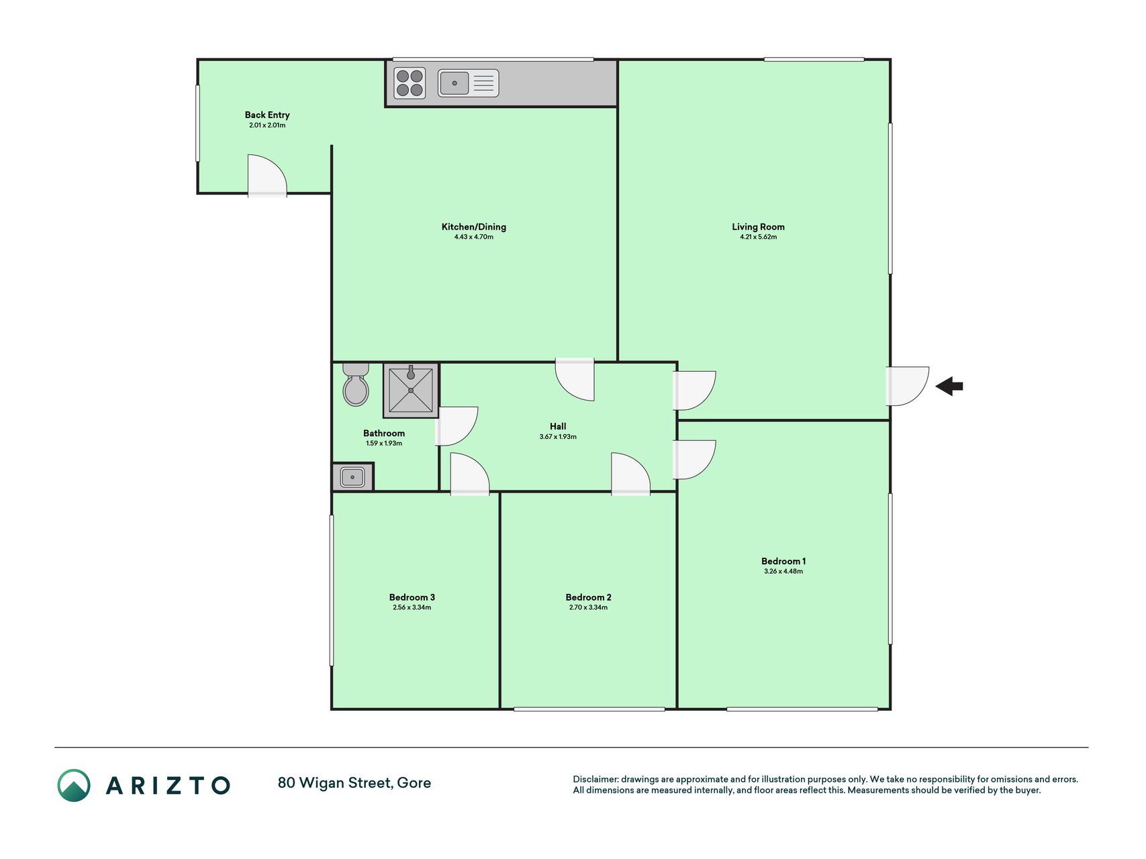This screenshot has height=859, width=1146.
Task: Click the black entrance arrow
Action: coord(949,386)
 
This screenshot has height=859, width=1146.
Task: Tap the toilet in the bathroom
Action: coord(355,385)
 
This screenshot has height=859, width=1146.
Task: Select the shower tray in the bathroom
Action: coord(411,391)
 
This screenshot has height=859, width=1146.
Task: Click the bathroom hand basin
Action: coord(352,477)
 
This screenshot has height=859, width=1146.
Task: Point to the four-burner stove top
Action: coord(410,83)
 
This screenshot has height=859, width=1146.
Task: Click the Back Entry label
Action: coord(267,115)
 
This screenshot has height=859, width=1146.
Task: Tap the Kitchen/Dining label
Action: coord(474,227)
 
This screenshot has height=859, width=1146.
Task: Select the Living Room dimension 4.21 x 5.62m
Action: coord(759,237)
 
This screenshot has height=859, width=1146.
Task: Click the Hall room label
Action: coord(558,426)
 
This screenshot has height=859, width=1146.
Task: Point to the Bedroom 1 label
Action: coord(783,561)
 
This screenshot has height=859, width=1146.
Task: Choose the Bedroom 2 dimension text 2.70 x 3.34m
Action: coord(589,607)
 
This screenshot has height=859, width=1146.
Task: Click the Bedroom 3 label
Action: coord(412,597)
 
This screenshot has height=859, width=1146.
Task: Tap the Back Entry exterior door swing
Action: coord(267,176)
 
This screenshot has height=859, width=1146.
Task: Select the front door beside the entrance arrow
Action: coord(907,386)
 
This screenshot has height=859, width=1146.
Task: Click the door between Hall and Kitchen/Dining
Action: coord(575,380)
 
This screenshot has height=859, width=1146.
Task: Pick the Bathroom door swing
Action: coord(457,426)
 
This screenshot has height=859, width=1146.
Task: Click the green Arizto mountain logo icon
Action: coord(74,785)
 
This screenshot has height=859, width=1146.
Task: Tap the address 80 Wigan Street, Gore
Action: coord(354,782)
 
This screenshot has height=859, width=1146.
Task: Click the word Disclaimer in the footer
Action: coord(595,779)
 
